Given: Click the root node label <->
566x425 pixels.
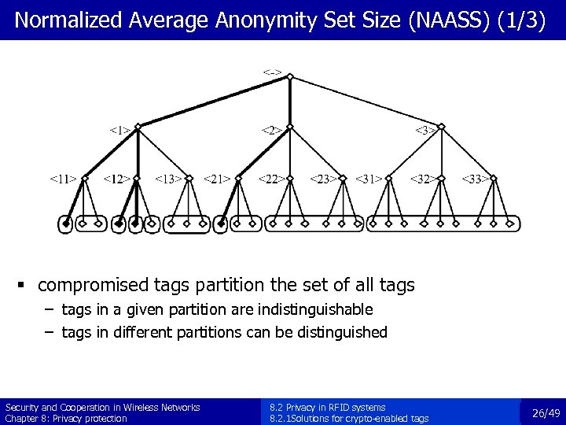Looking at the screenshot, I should (x=272, y=73).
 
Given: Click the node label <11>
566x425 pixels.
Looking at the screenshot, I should (x=63, y=179).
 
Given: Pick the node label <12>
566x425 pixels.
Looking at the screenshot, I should (x=116, y=179).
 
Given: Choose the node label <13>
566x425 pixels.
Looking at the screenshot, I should (x=168, y=179).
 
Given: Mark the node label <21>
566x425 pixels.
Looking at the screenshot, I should (x=217, y=179).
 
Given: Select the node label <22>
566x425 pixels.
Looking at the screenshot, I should (x=270, y=179).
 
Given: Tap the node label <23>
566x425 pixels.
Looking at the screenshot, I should (x=322, y=179).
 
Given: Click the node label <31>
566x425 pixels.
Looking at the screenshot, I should (x=369, y=179).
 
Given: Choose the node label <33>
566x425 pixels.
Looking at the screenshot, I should (x=474, y=179).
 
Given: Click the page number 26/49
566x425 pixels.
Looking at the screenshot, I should (x=546, y=412).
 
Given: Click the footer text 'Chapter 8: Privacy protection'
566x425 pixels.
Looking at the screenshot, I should (x=66, y=419).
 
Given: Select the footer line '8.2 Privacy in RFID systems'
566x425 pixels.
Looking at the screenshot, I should (x=327, y=408).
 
